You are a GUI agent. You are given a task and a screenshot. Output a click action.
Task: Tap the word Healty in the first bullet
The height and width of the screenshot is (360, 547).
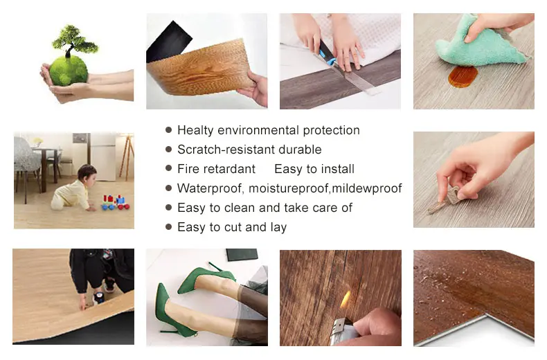195,130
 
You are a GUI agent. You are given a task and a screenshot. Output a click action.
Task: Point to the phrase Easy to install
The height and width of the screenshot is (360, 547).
314,169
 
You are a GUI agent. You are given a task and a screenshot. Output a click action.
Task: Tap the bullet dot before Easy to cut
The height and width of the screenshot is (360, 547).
168,227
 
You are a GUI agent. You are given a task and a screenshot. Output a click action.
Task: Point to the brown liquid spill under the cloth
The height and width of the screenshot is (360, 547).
458,77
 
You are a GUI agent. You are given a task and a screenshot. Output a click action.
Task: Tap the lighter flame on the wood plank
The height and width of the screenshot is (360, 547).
345,300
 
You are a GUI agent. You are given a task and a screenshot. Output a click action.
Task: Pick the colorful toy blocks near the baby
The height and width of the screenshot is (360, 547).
114,202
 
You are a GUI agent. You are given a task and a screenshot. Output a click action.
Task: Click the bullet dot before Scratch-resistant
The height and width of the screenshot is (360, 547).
168,150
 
